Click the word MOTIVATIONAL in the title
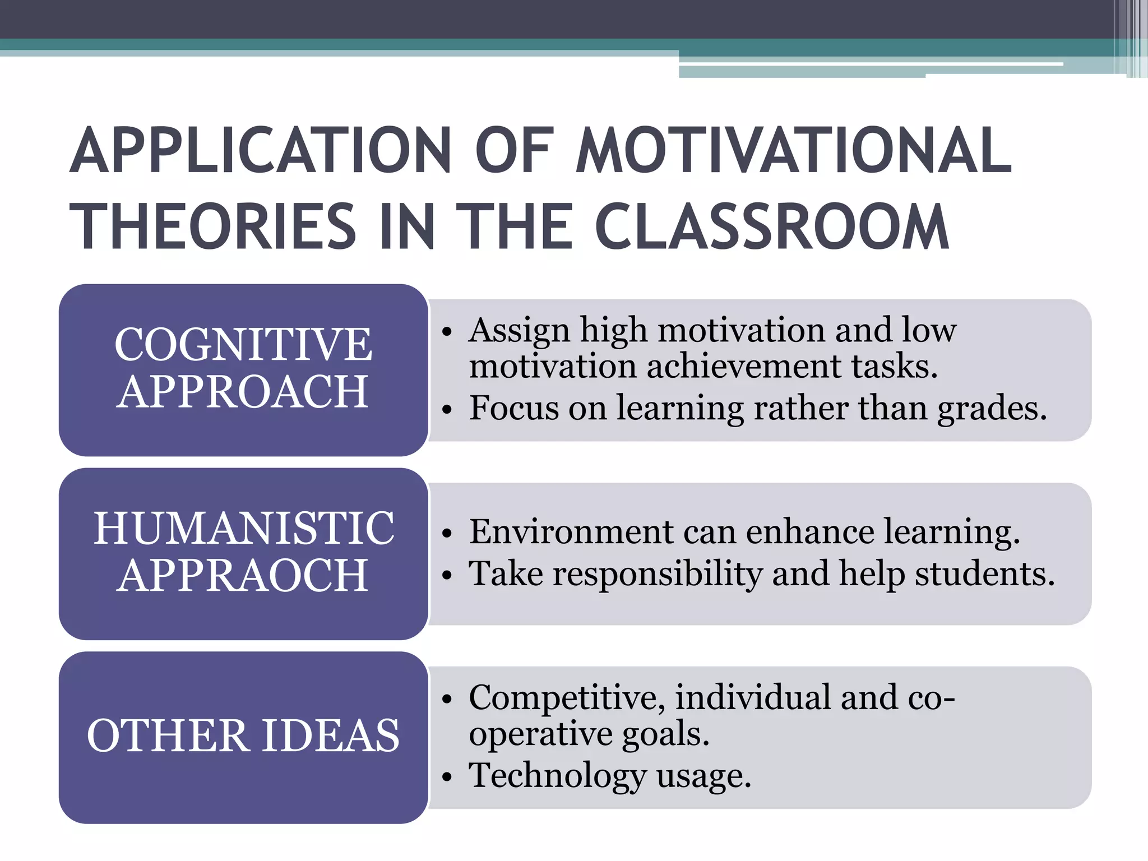(794, 150)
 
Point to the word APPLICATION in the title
(261, 150)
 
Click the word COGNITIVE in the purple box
(243, 344)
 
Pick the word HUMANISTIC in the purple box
(244, 528)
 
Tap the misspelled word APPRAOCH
(243, 576)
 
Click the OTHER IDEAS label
(243, 735)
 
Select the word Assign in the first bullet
(519, 331)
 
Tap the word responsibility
(658, 574)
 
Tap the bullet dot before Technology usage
(446, 777)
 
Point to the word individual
(752, 698)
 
